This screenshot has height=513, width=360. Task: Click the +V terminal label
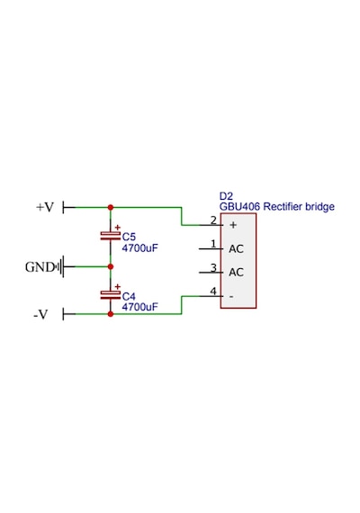pyautogui.click(x=45, y=207)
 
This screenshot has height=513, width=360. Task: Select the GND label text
pyautogui.click(x=40, y=267)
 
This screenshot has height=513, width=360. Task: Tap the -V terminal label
pyautogui.click(x=40, y=314)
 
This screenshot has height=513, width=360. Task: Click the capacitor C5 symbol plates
pyautogui.click(x=111, y=236)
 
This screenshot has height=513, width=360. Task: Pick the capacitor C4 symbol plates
pyautogui.click(x=111, y=295)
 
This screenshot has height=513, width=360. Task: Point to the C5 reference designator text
pyautogui.click(x=129, y=237)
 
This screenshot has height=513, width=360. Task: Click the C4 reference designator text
pyautogui.click(x=129, y=296)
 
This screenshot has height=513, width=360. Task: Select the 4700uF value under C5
pyautogui.click(x=139, y=248)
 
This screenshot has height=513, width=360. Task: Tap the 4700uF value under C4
pyautogui.click(x=139, y=307)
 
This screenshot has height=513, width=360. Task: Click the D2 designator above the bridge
pyautogui.click(x=226, y=196)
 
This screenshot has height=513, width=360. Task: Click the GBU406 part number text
pyautogui.click(x=239, y=207)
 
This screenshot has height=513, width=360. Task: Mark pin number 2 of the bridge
pyautogui.click(x=213, y=220)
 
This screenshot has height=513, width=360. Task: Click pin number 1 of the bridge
pyautogui.click(x=213, y=244)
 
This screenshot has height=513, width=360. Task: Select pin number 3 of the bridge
pyautogui.click(x=213, y=267)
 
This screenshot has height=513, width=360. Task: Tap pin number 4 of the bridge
pyautogui.click(x=213, y=292)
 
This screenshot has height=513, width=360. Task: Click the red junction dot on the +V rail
pyautogui.click(x=111, y=207)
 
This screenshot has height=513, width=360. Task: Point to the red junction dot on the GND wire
pyautogui.click(x=111, y=266)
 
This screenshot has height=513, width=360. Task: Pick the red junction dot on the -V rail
pyautogui.click(x=111, y=314)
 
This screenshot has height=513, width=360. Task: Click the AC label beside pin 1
pyautogui.click(x=236, y=249)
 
